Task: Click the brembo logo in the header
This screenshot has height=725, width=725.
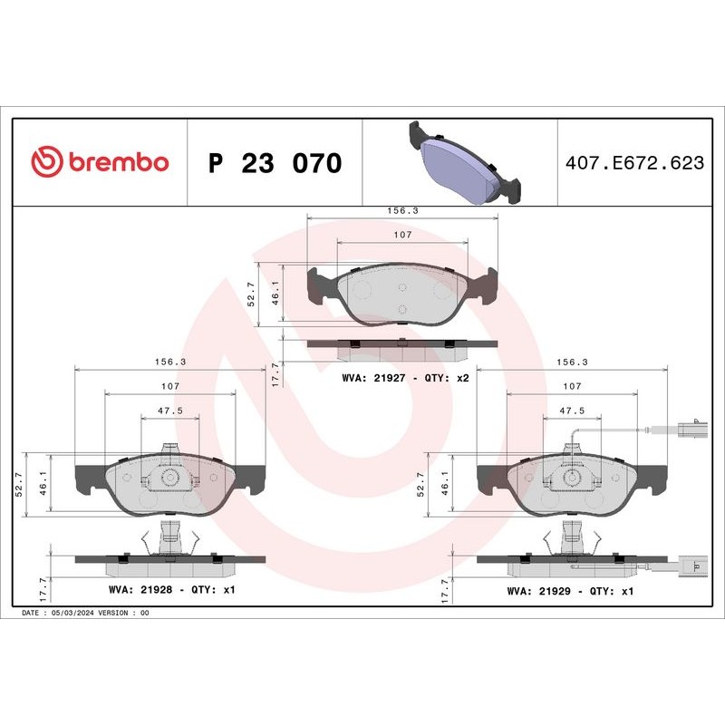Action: click(x=100, y=161)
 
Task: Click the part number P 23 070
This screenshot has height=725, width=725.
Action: click(x=275, y=163)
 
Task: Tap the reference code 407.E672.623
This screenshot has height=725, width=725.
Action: click(x=633, y=163)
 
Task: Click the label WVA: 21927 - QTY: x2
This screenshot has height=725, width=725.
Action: click(x=405, y=378)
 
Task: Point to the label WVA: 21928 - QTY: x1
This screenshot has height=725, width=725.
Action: click(x=172, y=590)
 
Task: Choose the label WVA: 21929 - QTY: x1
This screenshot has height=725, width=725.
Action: click(x=570, y=590)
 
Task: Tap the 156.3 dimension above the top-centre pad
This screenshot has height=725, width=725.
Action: click(x=403, y=210)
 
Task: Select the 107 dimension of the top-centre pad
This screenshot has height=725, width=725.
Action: click(x=403, y=235)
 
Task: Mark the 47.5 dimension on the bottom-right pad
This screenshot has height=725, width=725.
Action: click(x=572, y=410)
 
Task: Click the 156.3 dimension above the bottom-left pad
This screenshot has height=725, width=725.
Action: click(x=169, y=361)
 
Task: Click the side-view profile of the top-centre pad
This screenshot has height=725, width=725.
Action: click(x=402, y=344)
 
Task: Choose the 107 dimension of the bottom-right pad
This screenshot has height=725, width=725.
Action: click(x=572, y=386)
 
